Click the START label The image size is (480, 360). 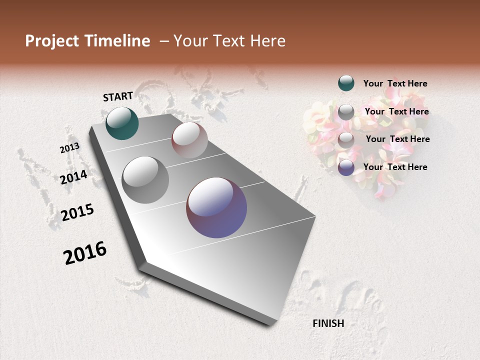118,96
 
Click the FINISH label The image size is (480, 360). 328,323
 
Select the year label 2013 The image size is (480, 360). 69,148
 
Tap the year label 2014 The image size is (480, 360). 73,177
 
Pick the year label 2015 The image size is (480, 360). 77,212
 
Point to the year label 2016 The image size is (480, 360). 85,253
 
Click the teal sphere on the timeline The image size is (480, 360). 122,123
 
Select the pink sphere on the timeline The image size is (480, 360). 189,139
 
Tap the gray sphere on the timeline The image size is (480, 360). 145,179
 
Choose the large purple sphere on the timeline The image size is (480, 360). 216,207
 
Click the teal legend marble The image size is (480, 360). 346,83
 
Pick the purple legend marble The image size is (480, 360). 346,167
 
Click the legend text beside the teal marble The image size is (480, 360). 395,83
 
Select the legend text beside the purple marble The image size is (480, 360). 395,167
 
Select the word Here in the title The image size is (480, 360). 267,41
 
